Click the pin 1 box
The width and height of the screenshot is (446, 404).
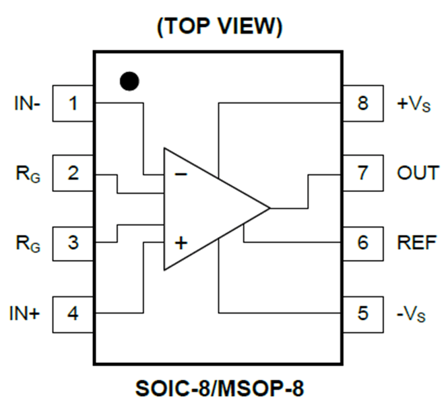[73, 103]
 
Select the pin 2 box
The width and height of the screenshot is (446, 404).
[73, 173]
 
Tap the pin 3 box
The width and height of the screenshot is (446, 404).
[73, 242]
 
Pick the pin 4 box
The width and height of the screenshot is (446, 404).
[73, 312]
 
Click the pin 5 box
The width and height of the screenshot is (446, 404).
[363, 312]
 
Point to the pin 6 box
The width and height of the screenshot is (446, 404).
[363, 242]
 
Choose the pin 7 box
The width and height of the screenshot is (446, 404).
[363, 173]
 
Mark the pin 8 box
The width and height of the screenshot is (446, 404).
[363, 103]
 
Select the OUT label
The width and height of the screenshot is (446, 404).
[418, 173]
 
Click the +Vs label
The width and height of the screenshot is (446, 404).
[414, 104]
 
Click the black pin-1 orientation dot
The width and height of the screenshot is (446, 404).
[129, 81]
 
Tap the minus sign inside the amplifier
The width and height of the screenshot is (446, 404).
[181, 174]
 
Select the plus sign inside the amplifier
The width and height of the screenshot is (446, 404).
[181, 242]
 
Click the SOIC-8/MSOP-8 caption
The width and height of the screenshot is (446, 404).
[220, 389]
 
